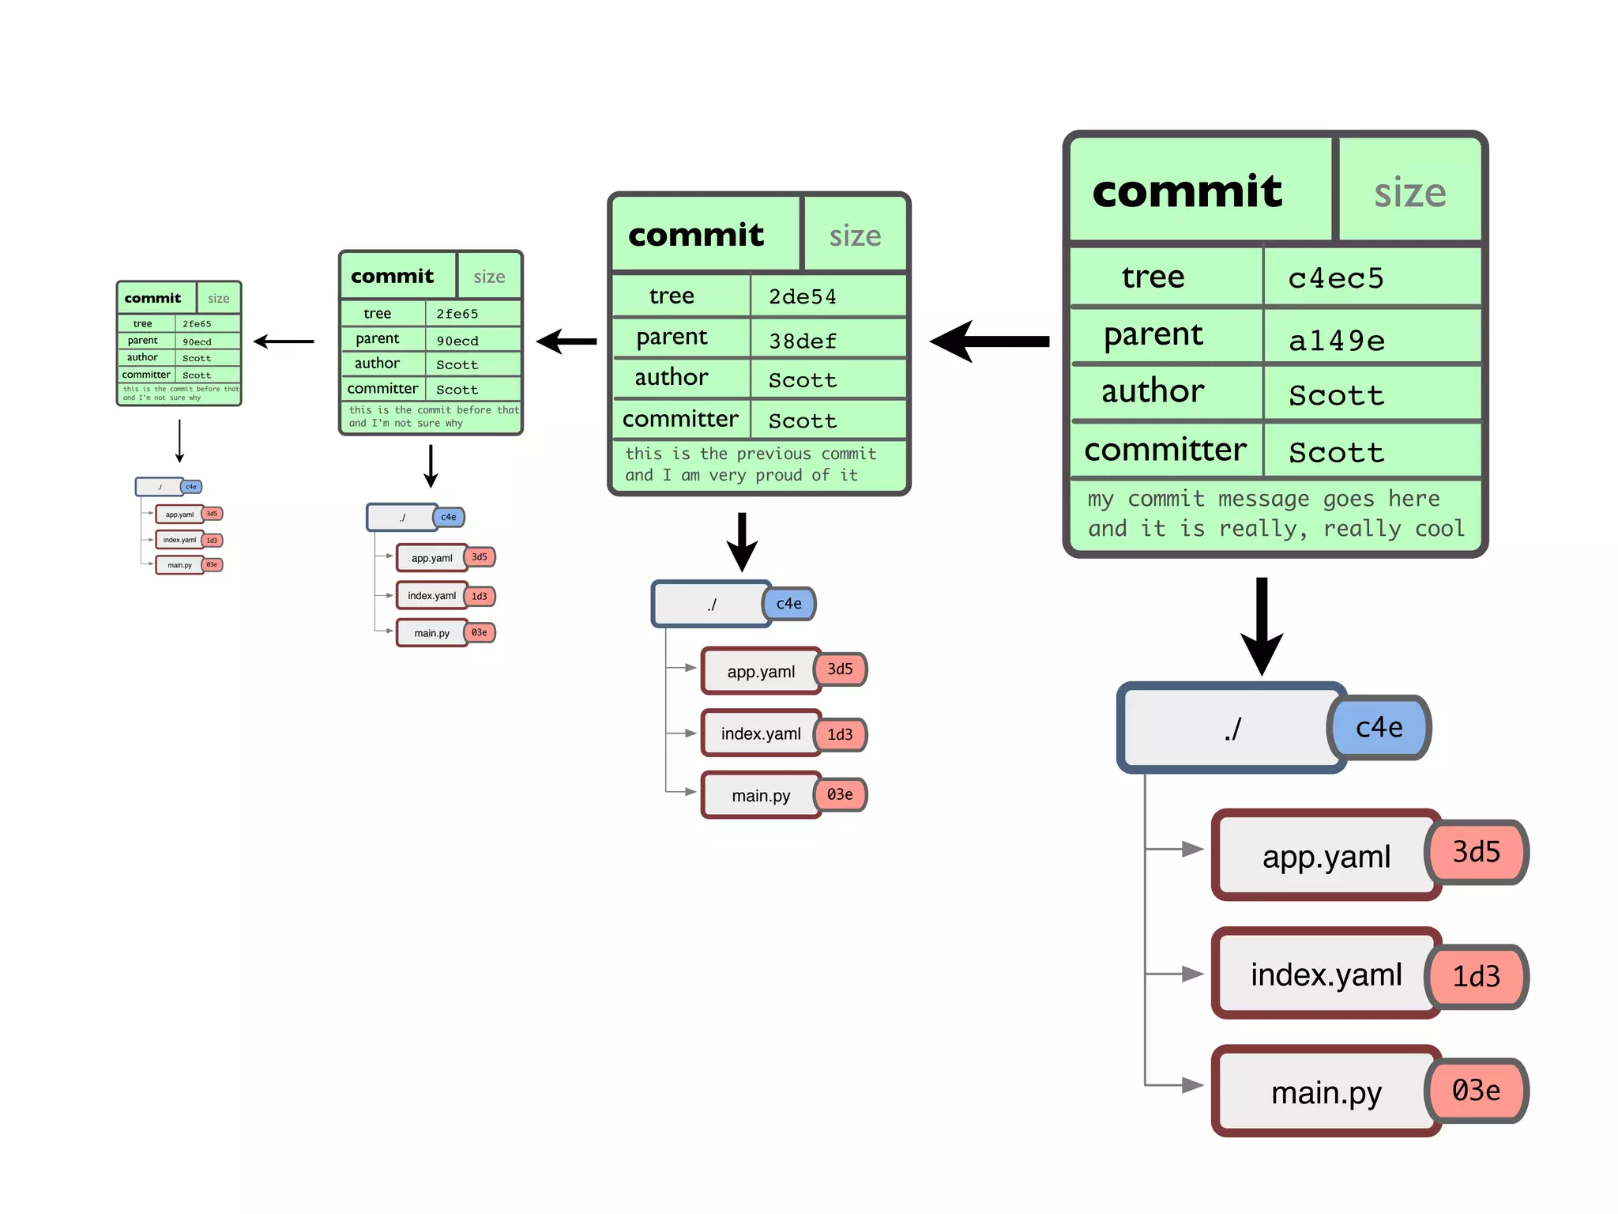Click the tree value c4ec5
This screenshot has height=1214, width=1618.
tap(1335, 278)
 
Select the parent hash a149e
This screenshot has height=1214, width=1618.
tap(1337, 341)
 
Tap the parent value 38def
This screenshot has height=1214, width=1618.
tap(802, 341)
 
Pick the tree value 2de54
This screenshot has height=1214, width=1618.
tap(802, 296)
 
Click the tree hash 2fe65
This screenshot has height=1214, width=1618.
tap(457, 314)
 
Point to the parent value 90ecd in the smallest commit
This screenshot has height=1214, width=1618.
tap(197, 341)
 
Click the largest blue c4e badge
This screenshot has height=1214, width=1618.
tap(1379, 727)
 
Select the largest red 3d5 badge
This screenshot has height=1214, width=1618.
tap(1476, 852)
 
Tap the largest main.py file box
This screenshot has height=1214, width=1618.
tap(1326, 1092)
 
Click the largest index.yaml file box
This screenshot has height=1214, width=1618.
tap(1326, 975)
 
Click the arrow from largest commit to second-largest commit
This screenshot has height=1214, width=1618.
tap(991, 341)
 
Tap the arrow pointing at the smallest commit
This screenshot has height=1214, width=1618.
tap(284, 341)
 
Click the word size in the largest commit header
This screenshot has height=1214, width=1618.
tap(1409, 193)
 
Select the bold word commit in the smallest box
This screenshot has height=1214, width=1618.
tap(152, 298)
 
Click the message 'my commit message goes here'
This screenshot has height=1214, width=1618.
tap(1263, 499)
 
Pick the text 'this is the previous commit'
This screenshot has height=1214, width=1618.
tap(751, 454)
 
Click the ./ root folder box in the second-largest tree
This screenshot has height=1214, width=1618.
tap(711, 605)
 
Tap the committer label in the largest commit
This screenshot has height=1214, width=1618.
tap(1165, 450)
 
